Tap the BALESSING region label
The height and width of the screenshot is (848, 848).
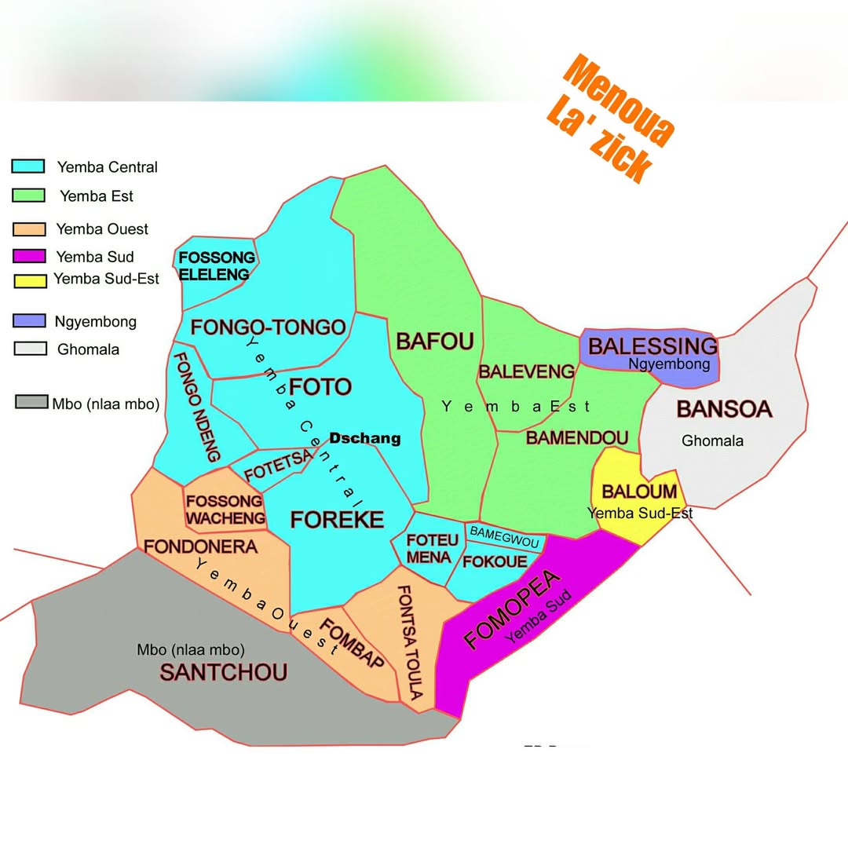tap(652, 346)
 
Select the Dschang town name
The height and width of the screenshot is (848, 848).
tap(364, 439)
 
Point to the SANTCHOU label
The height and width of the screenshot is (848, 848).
tap(224, 672)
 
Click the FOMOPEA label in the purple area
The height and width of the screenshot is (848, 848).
tap(513, 610)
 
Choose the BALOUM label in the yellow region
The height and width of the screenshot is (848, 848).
tap(639, 492)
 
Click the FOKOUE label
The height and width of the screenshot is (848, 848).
tap(495, 561)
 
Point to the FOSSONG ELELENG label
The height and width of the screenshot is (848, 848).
tap(216, 265)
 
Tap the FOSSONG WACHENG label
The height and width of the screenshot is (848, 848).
tap(225, 510)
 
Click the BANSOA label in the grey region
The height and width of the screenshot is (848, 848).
tap(724, 409)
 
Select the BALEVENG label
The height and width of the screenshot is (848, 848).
tap(526, 371)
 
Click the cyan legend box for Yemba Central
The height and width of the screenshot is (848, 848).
tap(28, 166)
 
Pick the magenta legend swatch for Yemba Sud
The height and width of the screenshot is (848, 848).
tap(28, 257)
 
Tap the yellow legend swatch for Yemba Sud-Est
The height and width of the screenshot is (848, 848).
tap(28, 280)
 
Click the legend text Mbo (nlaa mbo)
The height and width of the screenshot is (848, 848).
tap(106, 404)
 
